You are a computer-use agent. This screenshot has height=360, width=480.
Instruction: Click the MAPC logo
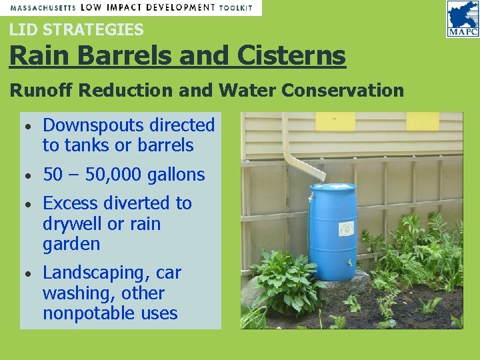[462, 20]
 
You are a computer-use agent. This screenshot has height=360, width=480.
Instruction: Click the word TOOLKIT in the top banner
[237, 7]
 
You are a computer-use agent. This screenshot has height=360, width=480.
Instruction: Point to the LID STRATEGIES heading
[76, 29]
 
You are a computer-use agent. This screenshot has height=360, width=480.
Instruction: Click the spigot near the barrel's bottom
[349, 263]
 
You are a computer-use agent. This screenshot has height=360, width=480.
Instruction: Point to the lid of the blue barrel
[333, 188]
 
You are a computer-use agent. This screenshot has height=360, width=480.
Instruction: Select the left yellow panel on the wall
[335, 121]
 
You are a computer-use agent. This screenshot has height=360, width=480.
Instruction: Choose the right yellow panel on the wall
[423, 121]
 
